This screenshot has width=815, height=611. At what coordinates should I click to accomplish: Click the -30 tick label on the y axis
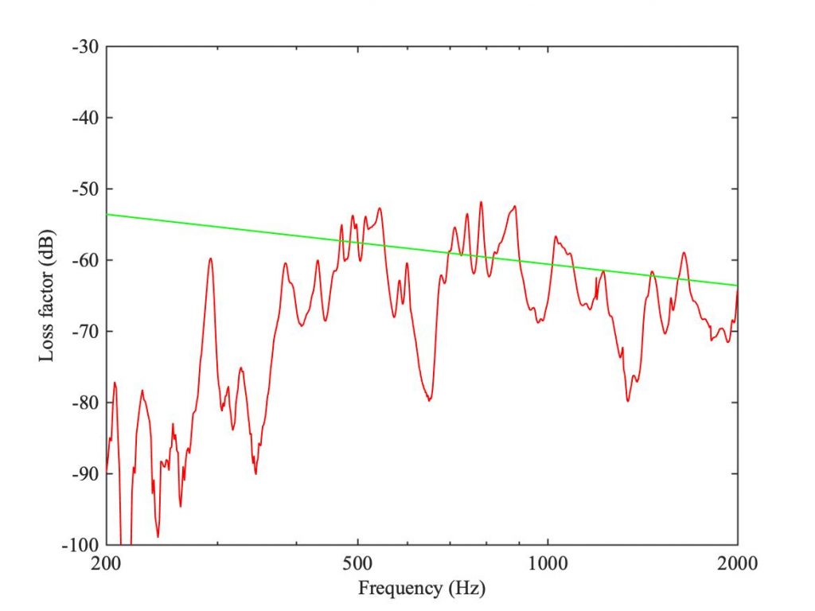pos(85,47)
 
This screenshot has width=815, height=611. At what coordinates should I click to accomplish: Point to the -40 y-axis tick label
pos(85,118)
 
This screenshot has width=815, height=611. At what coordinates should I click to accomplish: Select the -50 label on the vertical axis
pos(85,189)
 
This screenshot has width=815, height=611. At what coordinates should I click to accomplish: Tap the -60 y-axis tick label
pos(85,260)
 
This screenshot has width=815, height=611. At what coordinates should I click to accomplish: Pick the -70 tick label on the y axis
pos(85,332)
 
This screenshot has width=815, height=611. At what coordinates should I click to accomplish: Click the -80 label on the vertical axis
pos(85,403)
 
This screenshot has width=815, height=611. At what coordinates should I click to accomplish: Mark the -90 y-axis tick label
pos(85,474)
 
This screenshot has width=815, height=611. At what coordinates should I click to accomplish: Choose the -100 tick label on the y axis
pos(80,545)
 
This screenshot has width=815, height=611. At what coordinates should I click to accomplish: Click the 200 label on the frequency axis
pos(106,563)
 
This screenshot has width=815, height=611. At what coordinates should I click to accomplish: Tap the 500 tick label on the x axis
pos(357,563)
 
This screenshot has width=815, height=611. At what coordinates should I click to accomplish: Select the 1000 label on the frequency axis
pos(548,563)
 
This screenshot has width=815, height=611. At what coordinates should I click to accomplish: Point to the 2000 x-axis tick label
pos(738,563)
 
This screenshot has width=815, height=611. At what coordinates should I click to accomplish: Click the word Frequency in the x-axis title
pos(400,589)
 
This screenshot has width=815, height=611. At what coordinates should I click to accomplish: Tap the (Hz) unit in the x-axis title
pos(466,589)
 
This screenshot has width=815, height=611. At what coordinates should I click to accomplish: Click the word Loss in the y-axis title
pos(46,344)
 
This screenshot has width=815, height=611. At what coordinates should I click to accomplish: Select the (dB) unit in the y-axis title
pos(46,246)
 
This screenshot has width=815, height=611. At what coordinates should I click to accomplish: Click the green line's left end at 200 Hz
pos(107,214)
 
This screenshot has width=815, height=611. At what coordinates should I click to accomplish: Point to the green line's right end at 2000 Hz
pos(738,286)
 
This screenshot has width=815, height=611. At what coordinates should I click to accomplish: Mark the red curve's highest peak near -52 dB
pos(481,202)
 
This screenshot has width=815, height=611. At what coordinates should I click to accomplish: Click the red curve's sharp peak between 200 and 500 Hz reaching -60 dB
pos(210,259)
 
